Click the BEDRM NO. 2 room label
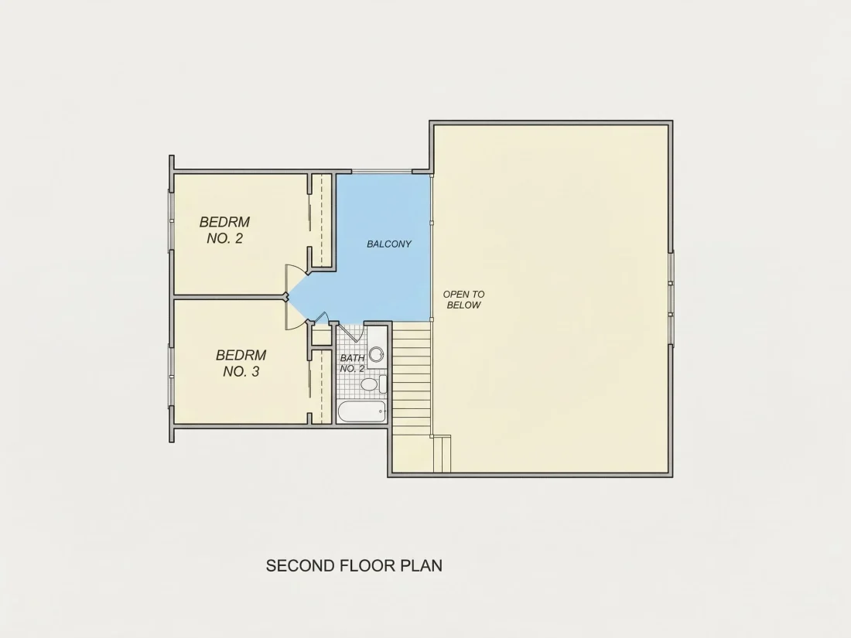[224, 230]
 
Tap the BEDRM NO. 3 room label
[241, 363]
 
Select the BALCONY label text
[389, 244]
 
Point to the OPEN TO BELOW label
[463, 299]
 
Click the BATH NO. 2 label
[352, 363]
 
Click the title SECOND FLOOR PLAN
[354, 566]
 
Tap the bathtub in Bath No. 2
[361, 412]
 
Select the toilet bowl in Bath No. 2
[369, 384]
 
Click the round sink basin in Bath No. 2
[376, 355]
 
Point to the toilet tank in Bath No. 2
[383, 384]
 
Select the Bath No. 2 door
[347, 333]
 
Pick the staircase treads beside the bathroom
[412, 375]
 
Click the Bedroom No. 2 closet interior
[322, 220]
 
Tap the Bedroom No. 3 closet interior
[322, 386]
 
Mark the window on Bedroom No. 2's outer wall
[171, 220]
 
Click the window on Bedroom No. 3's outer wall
[171, 375]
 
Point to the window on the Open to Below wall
[671, 299]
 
